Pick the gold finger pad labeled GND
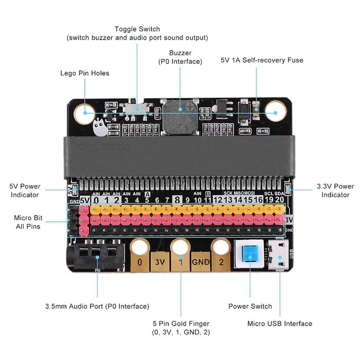200,261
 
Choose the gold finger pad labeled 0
140,261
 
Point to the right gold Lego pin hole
276,110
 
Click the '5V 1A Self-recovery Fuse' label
262,60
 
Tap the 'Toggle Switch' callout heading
137,29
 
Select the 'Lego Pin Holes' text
84,73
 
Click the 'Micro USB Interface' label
280,323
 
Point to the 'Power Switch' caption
250,306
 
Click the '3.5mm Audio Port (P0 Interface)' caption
97,306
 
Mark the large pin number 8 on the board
176,200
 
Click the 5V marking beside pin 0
85,200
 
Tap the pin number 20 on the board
279,200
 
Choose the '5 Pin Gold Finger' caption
180,323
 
